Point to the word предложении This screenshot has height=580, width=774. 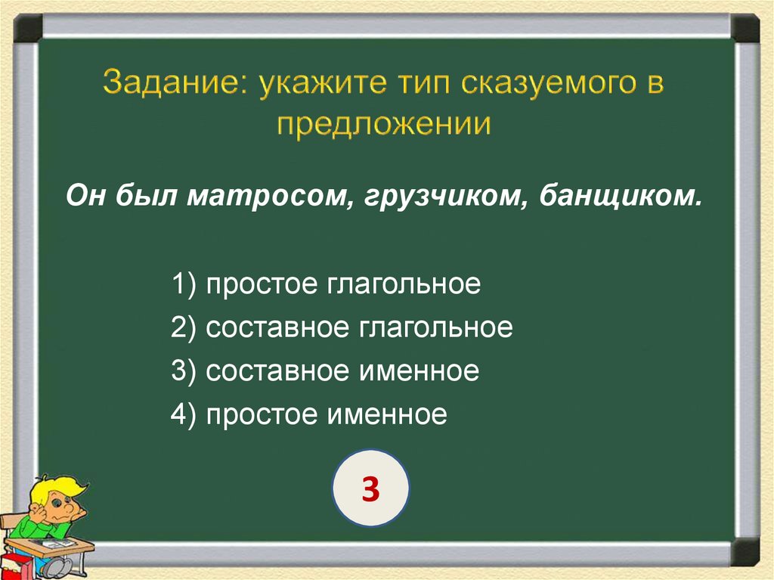coord(384,126)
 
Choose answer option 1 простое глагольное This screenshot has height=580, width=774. coord(326,284)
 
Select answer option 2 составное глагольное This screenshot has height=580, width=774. coord(342,327)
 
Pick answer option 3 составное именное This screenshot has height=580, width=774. coord(325,371)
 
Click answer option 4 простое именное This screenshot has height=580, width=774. coord(309,414)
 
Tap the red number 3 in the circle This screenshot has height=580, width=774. coord(370,489)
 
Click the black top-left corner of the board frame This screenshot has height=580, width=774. coord(28,28)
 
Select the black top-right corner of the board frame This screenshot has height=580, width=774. coord(745,28)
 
